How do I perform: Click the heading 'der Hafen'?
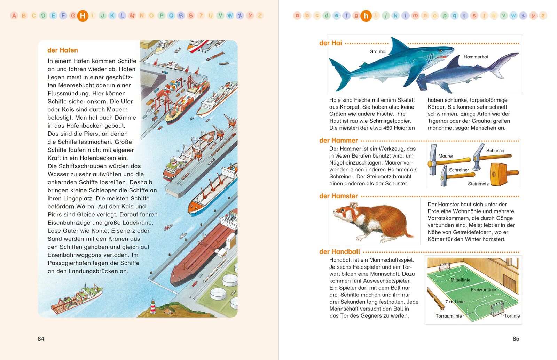62,50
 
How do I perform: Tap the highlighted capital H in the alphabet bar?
83,16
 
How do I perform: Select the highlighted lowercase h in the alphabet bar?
366,16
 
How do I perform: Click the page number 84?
41,339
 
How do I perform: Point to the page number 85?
516,339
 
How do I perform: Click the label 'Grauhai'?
378,51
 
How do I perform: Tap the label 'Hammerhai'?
476,57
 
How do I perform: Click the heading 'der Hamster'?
338,196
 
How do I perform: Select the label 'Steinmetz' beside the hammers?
478,184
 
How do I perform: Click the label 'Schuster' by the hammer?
495,151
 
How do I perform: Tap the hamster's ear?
353,205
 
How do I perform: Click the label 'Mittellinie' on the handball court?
460,280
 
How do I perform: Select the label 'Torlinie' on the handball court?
512,316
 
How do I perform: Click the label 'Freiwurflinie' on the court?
484,290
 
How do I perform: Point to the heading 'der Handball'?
340,252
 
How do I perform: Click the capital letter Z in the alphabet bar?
260,16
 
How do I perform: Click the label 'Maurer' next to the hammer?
446,156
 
